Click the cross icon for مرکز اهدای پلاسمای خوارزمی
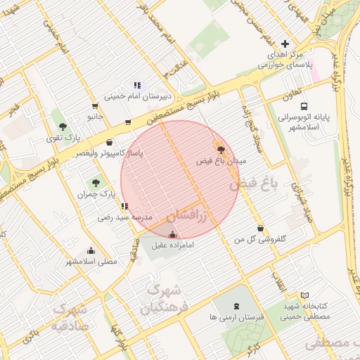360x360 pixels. (284, 44)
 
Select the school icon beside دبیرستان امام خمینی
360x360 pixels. (137, 85)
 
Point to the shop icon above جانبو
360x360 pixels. (94, 105)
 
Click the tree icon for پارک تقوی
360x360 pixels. (63, 127)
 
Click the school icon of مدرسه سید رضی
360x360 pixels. (124, 206)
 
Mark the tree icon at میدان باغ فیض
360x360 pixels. (221, 149)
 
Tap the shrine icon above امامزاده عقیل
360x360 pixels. (173, 234)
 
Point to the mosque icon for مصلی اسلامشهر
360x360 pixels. (91, 250)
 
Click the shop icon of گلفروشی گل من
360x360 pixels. (261, 229)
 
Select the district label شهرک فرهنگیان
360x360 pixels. (160, 299)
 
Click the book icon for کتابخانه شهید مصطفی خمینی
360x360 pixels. (304, 296)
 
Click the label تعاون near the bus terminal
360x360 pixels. (290, 94)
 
